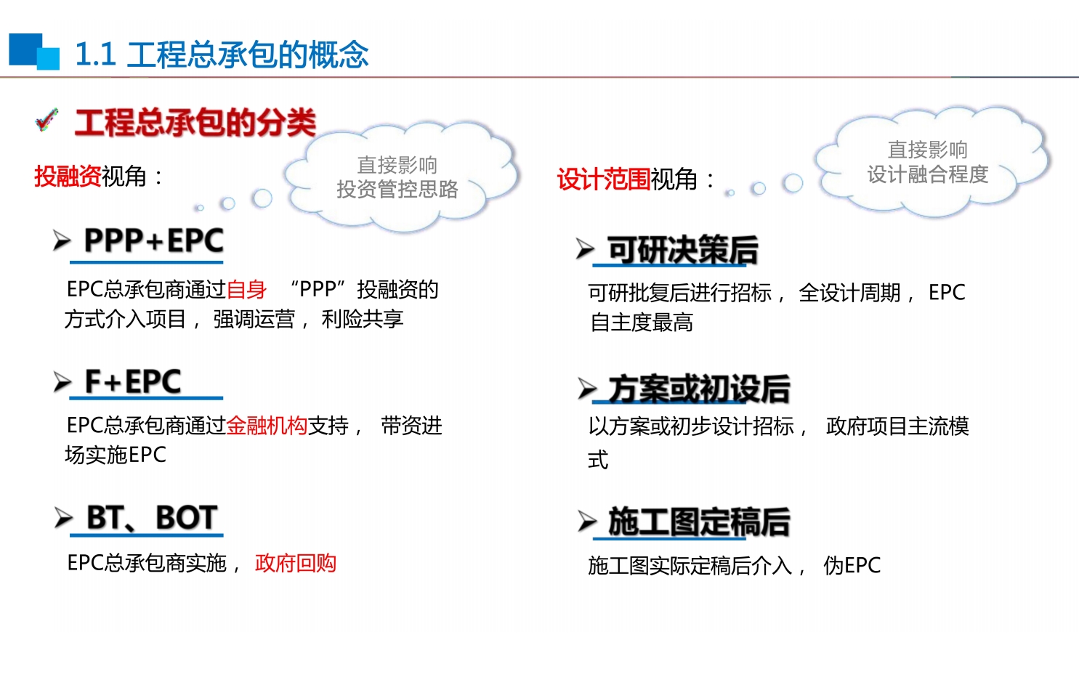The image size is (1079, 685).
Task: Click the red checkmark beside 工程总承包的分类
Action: [x=47, y=119]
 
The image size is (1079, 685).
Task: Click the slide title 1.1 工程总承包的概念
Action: [x=222, y=54]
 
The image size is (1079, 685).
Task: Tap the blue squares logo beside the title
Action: [x=34, y=52]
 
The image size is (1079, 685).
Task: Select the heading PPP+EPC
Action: [x=153, y=240]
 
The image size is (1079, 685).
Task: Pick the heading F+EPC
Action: [x=133, y=381]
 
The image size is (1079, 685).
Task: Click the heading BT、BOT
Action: [x=152, y=518]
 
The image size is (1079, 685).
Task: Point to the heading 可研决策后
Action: [x=682, y=251]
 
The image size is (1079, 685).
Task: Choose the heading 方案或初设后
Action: [x=699, y=389]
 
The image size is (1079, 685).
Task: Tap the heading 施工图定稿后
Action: [x=699, y=522]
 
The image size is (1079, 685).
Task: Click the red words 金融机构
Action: [x=267, y=426]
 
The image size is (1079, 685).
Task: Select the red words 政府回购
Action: [x=295, y=563]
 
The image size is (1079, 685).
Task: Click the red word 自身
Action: [x=246, y=290]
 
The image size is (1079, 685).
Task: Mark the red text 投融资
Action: [x=68, y=176]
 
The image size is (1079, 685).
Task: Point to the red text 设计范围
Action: [x=604, y=179]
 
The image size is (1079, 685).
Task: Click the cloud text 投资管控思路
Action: [x=397, y=190]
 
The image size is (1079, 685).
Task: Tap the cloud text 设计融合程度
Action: [x=928, y=174]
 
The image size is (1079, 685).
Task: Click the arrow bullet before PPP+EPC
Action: [x=62, y=240]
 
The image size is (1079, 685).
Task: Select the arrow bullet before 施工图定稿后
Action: [x=587, y=522]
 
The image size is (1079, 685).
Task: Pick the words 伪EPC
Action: [x=852, y=565]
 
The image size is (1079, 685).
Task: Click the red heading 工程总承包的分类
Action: [x=195, y=122]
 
